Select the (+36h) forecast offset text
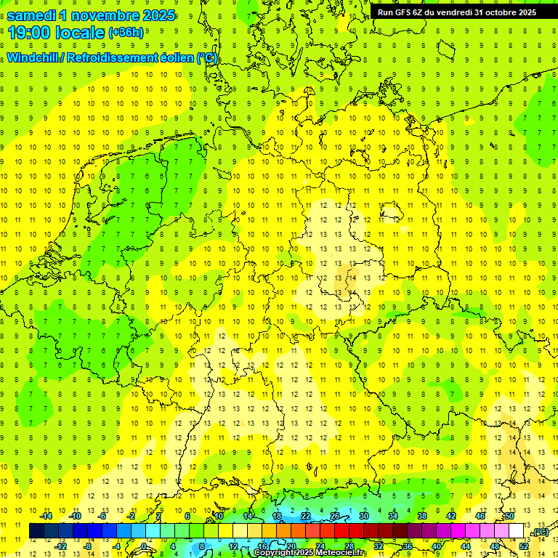point(126,33)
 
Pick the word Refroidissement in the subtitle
point(114,58)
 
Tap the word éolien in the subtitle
point(178,58)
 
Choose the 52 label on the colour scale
point(524,546)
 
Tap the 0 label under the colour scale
point(144,546)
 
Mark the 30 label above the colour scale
point(363,516)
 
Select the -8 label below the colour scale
point(89,546)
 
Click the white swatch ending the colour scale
point(517,531)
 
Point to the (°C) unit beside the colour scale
point(540,532)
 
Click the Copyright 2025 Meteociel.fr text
point(310,553)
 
